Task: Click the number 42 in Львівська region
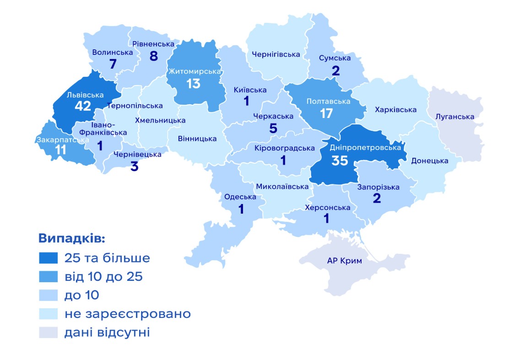point(84,106)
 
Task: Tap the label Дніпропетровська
point(365,148)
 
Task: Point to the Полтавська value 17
point(326,113)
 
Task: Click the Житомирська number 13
point(194,84)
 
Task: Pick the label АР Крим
point(344,261)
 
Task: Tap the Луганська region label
point(454,117)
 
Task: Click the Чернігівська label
point(276,54)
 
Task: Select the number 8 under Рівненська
point(153,56)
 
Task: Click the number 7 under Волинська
point(113,64)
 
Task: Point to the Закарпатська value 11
point(60,150)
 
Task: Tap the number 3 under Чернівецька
point(134,166)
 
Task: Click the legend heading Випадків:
point(71,239)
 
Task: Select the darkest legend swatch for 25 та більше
point(48,258)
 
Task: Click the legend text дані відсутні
point(107,332)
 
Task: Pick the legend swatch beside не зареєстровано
point(48,314)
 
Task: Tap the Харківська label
point(395,110)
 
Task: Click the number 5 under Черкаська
point(273,129)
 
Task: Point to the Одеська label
point(240,197)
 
